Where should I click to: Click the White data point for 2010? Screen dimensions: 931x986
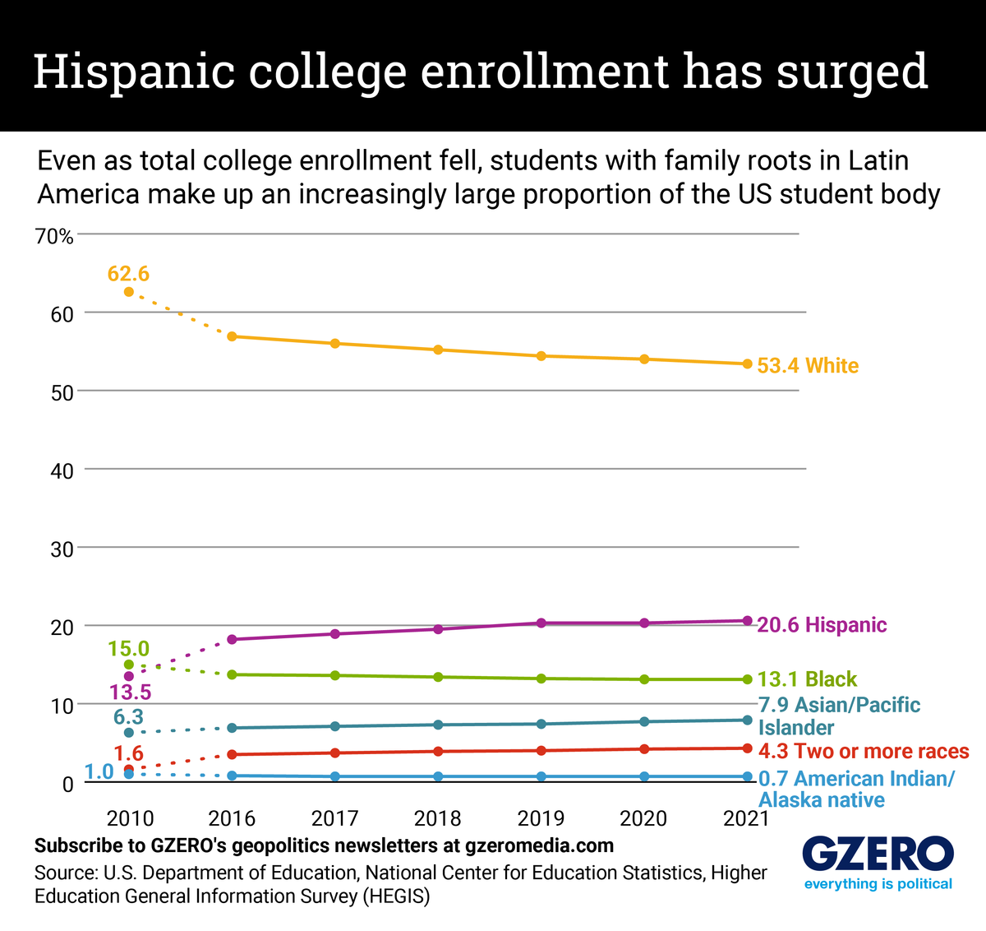point(128,292)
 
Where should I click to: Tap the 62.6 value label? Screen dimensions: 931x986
point(128,273)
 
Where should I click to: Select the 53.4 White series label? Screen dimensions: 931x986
point(807,366)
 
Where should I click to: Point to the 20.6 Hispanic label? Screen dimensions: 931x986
point(821,625)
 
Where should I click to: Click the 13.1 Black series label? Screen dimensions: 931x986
point(806,679)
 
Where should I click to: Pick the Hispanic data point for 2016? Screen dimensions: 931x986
point(232,639)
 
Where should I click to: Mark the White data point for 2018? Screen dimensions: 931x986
point(438,350)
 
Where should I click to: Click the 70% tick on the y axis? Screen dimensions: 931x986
point(55,237)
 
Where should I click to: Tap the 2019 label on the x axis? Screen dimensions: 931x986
point(541,818)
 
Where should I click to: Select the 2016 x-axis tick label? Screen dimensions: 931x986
point(232,818)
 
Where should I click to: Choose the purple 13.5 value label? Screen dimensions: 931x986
point(128,692)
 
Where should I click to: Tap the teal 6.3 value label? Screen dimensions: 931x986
point(128,717)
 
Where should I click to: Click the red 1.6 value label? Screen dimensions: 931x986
point(128,753)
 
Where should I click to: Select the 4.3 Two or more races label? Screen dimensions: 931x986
point(863,751)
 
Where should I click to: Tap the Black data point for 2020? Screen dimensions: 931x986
point(644,679)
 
